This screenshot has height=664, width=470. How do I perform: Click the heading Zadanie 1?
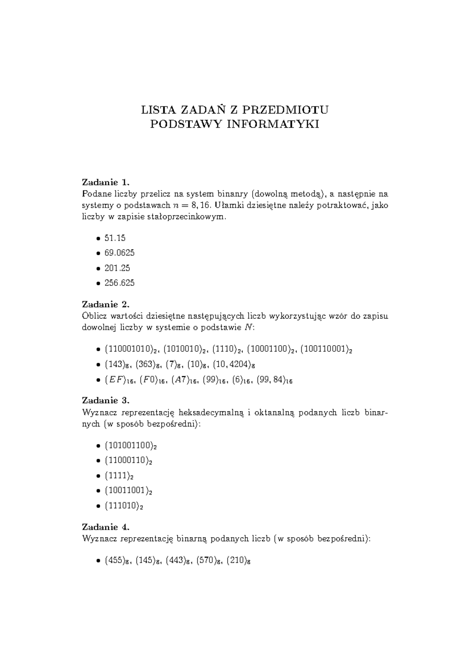(105, 182)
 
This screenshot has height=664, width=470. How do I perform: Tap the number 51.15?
(115, 238)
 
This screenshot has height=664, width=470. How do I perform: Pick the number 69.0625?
(119, 253)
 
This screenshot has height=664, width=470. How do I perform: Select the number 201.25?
(117, 268)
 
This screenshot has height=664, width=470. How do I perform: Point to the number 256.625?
(119, 283)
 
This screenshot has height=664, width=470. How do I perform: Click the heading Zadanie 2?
(105, 304)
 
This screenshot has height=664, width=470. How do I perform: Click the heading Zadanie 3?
(105, 401)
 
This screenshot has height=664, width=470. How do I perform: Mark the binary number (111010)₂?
(124, 506)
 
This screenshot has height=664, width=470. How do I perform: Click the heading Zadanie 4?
(105, 527)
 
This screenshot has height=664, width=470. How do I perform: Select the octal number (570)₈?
(210, 561)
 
